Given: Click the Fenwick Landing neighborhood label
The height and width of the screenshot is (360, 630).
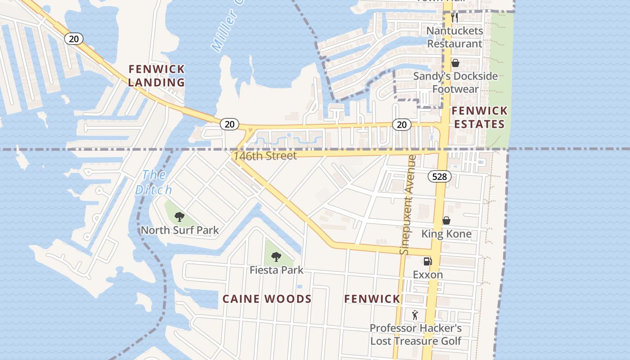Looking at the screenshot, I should [x=157, y=76].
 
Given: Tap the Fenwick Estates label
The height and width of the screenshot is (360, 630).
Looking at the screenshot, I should [x=479, y=117].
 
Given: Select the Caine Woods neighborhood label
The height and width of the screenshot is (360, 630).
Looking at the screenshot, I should [x=267, y=299].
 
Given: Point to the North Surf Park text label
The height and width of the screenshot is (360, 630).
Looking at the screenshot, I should [x=180, y=230].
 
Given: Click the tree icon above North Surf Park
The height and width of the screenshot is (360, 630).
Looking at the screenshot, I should [x=180, y=217].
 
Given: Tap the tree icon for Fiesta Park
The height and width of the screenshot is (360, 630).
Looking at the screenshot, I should [x=276, y=257].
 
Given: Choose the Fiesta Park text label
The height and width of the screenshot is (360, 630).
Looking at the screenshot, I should [x=276, y=270].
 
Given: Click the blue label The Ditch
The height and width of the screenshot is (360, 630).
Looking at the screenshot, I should [x=153, y=182].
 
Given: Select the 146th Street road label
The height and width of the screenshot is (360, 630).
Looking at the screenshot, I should [x=265, y=156].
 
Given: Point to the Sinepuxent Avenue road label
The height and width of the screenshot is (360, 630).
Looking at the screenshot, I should [x=408, y=205].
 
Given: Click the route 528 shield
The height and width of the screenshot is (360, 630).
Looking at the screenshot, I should [x=439, y=176].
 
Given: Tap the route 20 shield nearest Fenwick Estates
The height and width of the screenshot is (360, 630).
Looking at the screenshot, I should [x=401, y=125].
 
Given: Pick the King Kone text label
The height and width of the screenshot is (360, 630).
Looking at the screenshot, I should [x=446, y=234].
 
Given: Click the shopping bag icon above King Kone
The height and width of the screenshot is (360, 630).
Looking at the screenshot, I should [x=446, y=220].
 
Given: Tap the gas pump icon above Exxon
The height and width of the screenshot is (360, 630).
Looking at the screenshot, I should [x=427, y=261].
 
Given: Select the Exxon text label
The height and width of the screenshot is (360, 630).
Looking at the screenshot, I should [x=427, y=274].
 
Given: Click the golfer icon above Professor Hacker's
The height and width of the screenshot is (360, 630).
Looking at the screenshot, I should [x=415, y=315].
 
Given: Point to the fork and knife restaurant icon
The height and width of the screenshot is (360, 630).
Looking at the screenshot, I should [x=454, y=18].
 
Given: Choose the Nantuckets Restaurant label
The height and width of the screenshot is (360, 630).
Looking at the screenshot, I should [x=454, y=37].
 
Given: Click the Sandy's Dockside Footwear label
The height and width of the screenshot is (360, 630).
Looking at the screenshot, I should [x=455, y=82].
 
